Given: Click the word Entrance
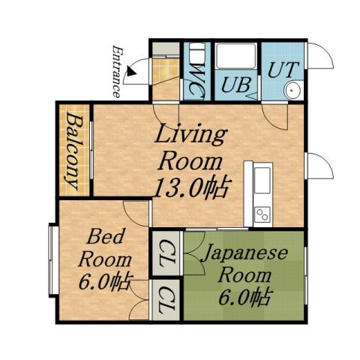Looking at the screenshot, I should coord(117,72).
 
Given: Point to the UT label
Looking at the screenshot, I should coord(284,69).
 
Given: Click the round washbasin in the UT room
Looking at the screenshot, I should coord(291,91).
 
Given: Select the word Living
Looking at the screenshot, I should coord(190,136).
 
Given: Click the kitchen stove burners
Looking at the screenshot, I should coord(262,214).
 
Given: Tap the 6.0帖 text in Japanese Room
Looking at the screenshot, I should coord(244,296).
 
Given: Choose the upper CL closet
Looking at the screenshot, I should coord(167,253).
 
